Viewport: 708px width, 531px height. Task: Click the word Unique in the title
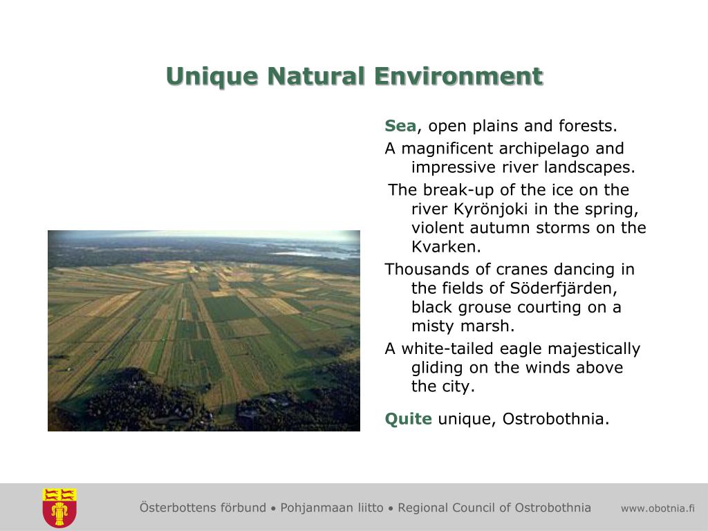point(212,77)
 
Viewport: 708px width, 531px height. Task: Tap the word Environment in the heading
point(459,76)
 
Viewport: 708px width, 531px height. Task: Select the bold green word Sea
point(400,126)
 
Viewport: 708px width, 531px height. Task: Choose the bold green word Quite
point(408,419)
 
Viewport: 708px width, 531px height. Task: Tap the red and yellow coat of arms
point(59,507)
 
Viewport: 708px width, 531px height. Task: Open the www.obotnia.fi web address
point(658,508)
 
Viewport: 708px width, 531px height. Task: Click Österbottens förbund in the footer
point(203,507)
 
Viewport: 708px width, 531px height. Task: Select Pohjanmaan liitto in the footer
point(332,507)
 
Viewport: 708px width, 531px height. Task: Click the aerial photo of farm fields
point(204,330)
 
